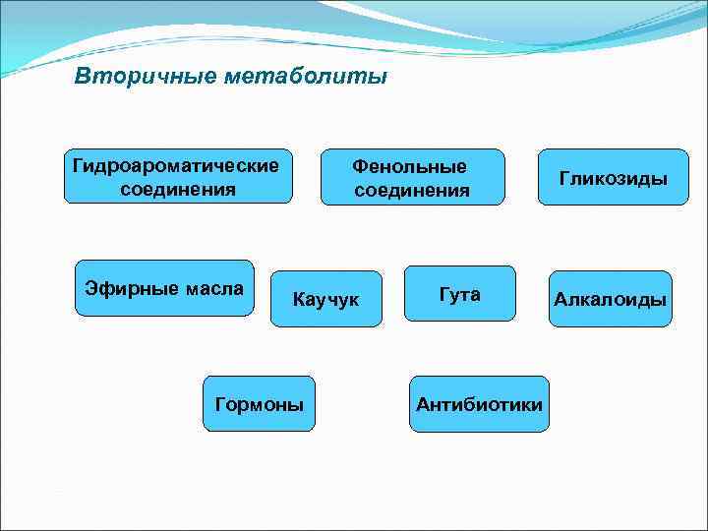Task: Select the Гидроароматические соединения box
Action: (178, 176)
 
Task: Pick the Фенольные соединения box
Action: (412, 177)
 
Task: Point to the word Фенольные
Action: (412, 165)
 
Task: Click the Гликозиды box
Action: (614, 177)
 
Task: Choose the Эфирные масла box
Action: (164, 288)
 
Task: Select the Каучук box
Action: (325, 299)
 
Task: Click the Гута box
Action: (459, 294)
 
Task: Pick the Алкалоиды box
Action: (610, 299)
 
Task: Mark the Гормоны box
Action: (259, 404)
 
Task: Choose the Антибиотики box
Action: (479, 404)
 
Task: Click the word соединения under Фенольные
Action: (412, 190)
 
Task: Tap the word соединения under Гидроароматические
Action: (178, 188)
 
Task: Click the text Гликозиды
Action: (614, 178)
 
